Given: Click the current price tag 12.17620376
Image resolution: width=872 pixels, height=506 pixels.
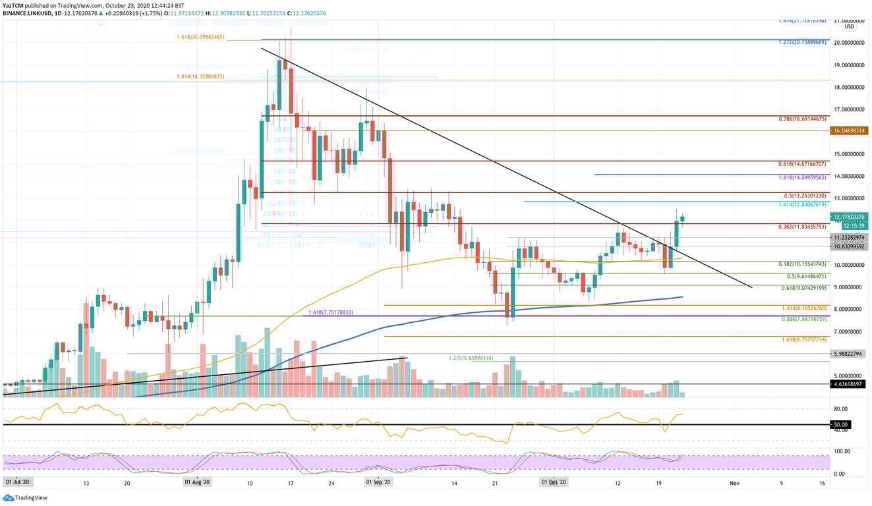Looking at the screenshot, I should click(849, 216).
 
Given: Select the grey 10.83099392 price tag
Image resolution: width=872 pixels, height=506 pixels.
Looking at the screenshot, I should click(849, 246).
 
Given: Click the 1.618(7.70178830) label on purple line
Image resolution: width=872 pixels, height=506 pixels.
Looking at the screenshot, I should click(331, 312).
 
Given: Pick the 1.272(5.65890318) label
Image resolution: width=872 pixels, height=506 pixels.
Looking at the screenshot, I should click(471, 358).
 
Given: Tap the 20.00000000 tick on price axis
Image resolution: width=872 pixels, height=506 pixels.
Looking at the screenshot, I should click(849, 43).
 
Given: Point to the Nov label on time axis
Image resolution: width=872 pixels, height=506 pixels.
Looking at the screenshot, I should click(735, 482).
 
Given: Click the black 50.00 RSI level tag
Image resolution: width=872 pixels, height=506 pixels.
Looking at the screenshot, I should click(840, 425).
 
